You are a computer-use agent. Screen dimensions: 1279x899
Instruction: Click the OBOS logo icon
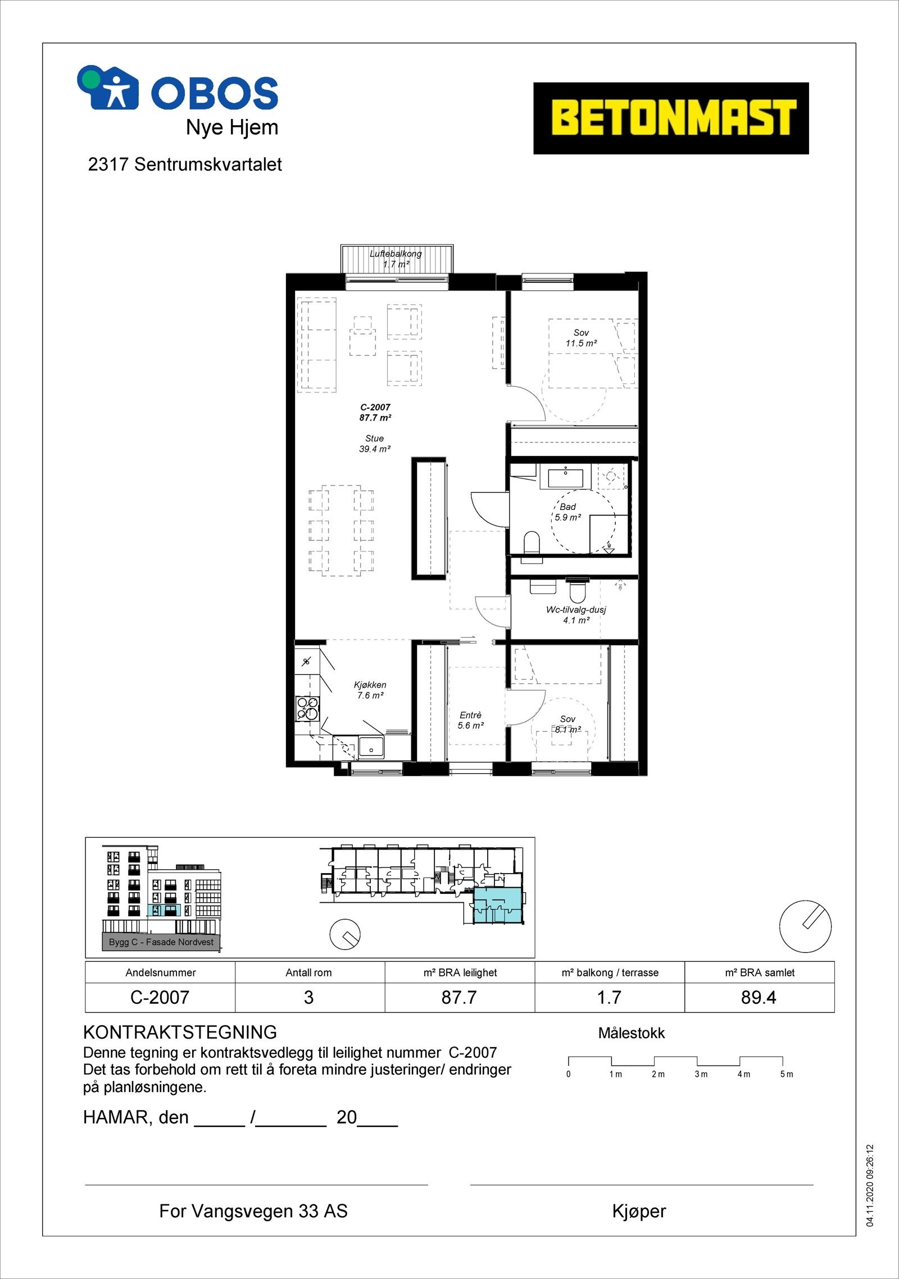click(x=108, y=87)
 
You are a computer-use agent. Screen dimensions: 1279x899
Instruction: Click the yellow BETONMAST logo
click(x=670, y=118)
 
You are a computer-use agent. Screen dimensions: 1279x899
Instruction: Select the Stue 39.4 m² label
click(x=375, y=444)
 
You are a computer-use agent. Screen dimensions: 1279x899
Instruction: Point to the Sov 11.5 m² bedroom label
click(x=581, y=338)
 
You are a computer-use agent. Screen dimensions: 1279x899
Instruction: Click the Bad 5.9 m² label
click(x=567, y=512)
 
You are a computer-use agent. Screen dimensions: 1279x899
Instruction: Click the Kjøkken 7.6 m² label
click(x=370, y=690)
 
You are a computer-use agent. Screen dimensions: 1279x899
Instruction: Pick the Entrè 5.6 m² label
click(x=470, y=720)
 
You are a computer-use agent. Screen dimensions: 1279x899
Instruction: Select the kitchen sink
click(x=371, y=747)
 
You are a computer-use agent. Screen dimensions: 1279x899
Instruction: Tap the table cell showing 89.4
click(x=759, y=997)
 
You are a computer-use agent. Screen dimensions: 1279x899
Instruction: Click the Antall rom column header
click(x=309, y=972)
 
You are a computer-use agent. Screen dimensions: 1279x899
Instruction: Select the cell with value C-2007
click(x=160, y=997)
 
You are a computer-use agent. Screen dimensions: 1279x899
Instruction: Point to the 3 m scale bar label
click(x=701, y=1074)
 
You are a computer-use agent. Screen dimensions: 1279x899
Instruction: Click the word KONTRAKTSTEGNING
click(x=180, y=1033)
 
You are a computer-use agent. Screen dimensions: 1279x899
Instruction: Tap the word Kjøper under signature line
click(x=639, y=1211)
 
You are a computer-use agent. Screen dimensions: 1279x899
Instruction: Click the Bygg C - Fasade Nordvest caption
click(x=161, y=942)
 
